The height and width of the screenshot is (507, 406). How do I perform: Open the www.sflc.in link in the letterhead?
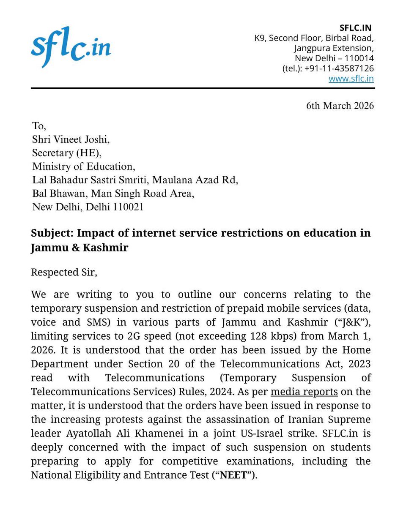[x=351, y=79]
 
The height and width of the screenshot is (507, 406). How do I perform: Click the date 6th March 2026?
[x=340, y=106]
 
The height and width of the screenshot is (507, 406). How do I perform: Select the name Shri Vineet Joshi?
[x=71, y=139]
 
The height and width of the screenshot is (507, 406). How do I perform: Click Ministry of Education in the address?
[x=83, y=166]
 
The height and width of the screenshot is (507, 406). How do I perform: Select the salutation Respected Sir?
[x=64, y=272]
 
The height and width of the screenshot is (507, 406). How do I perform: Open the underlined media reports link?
[x=304, y=392]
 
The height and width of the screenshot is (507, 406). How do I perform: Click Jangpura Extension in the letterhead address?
[x=334, y=48]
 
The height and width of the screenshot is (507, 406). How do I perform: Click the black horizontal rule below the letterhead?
[x=203, y=88]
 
